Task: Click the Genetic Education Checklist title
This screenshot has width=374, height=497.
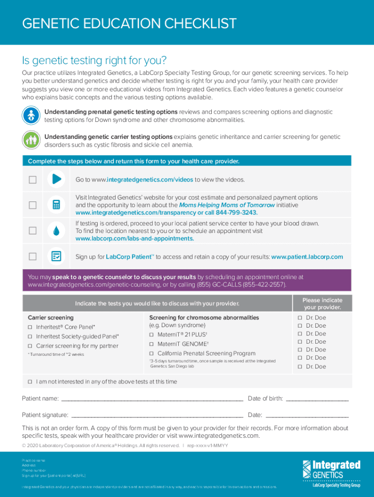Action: (x=129, y=23)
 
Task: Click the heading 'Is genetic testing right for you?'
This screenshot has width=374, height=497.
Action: (x=94, y=61)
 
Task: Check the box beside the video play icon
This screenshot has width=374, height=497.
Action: (x=33, y=180)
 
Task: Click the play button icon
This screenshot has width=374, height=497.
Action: (x=56, y=179)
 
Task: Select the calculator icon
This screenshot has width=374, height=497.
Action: (x=56, y=205)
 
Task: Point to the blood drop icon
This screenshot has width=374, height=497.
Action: (x=56, y=231)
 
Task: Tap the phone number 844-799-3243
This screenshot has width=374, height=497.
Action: (x=236, y=213)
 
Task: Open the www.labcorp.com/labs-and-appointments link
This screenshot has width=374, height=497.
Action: (x=135, y=239)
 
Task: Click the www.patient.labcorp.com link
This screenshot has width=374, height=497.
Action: (x=307, y=257)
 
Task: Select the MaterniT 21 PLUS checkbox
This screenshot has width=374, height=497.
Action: (x=152, y=335)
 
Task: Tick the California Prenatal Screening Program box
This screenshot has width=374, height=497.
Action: (x=152, y=354)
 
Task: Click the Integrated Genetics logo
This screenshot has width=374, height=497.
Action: (x=331, y=473)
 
